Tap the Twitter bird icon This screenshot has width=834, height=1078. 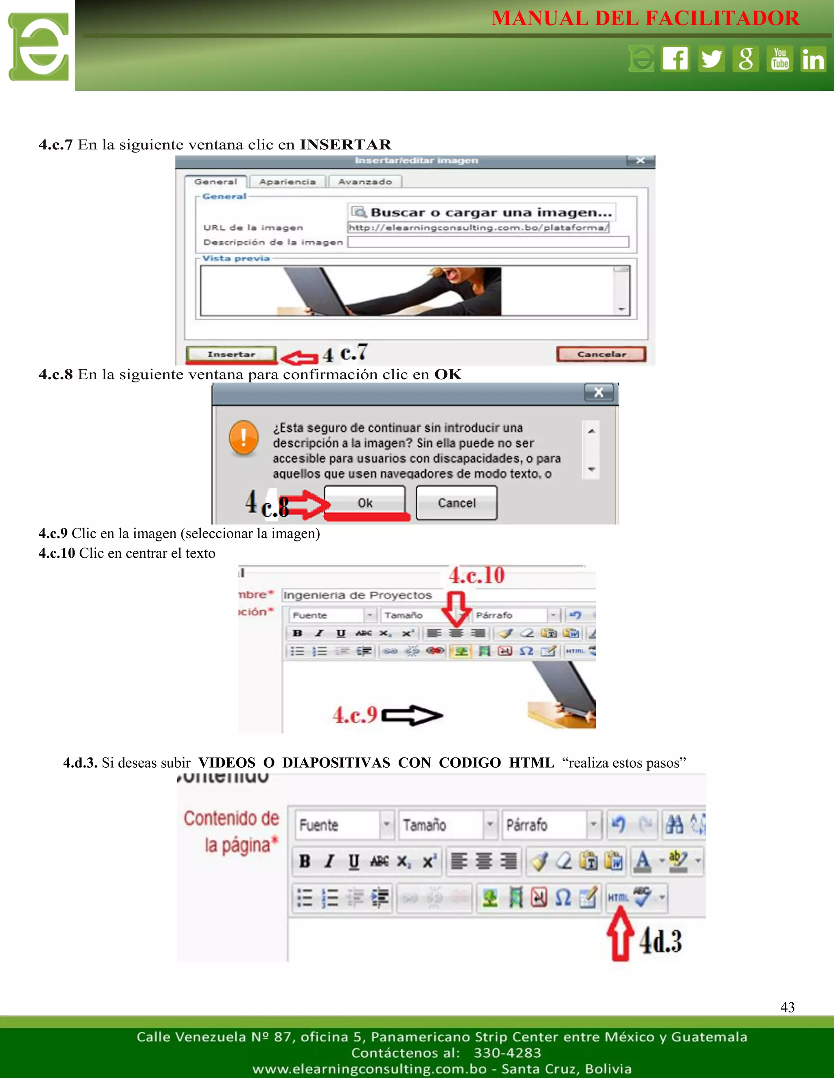pos(711,59)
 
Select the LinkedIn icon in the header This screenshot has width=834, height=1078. pos(813,59)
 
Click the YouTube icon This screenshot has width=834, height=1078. pos(780,59)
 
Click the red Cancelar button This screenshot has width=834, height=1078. pos(601,354)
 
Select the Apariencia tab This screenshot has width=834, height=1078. pos(287,182)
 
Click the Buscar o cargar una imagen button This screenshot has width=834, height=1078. pos(482,212)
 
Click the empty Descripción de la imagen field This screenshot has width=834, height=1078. pos(487,242)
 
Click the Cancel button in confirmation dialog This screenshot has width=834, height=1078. pos(457,503)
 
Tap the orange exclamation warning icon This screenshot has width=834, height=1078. pos(244,437)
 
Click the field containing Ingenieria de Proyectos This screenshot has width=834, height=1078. pos(438,595)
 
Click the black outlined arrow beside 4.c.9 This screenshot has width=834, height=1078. pos(412,715)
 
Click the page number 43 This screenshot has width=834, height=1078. pos(787,1007)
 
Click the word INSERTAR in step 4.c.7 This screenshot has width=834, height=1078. pos(345,145)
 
